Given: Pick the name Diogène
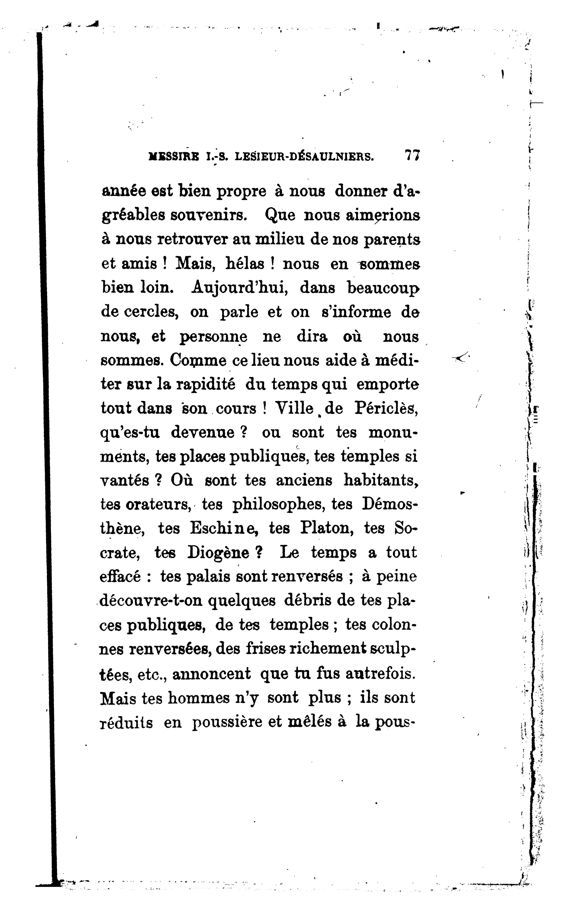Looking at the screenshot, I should click(x=219, y=553).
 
